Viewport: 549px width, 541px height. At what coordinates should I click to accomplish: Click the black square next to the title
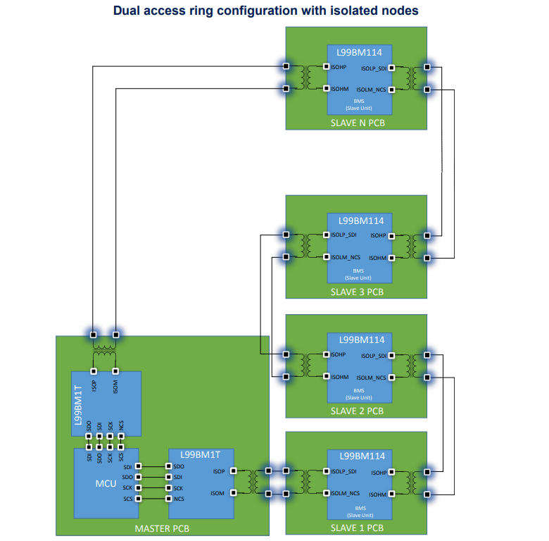coord(435,12)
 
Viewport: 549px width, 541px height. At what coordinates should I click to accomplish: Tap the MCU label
coord(106,484)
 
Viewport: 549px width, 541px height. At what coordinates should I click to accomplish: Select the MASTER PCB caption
coord(162,528)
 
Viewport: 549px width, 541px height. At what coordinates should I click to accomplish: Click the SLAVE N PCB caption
coord(358,123)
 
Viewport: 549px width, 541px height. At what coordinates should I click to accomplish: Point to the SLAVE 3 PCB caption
coord(357,291)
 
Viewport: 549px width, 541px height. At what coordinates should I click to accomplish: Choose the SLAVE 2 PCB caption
coord(357,411)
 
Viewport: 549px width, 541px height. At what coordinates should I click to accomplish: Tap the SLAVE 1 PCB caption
coord(357,528)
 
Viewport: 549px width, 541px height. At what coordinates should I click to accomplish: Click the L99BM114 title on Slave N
coord(358,53)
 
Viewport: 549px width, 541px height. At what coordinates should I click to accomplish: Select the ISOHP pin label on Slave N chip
coord(339,67)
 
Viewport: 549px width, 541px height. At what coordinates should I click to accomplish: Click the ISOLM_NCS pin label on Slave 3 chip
coord(346,258)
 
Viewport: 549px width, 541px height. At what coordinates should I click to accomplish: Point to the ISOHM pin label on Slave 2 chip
coord(339,377)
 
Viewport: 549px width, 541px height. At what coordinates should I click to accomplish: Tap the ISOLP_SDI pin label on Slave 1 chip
coord(344,471)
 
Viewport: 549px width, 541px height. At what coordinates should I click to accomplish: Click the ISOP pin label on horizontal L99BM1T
coord(218,471)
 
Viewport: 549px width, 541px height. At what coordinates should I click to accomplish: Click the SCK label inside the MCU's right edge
coord(127,487)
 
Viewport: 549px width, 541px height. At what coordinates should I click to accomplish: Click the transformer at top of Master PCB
coord(105,350)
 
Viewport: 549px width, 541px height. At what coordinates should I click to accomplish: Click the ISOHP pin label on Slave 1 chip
coord(378,472)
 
